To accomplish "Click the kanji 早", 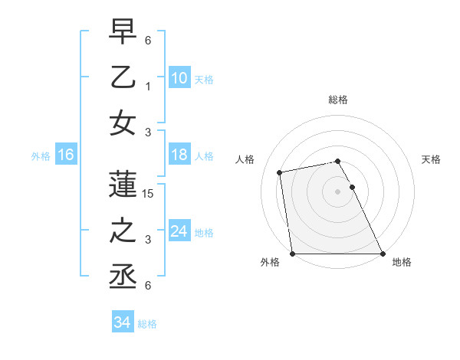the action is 123,31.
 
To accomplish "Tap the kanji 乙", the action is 123,77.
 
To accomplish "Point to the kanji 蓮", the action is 123,185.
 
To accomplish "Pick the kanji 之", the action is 123,231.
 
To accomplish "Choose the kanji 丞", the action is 123,277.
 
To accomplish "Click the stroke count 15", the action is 149,194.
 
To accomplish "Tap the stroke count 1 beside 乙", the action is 148,87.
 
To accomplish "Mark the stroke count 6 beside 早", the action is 148,41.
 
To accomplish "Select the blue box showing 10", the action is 179,77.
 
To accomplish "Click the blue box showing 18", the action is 179,155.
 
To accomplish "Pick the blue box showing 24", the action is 179,231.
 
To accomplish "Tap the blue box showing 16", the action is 65,155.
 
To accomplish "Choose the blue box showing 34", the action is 122,323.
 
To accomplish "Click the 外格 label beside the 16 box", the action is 41,156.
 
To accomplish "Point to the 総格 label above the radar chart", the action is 338,100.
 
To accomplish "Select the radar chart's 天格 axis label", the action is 432,159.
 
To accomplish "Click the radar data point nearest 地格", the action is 383,254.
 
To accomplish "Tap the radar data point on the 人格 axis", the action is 281,172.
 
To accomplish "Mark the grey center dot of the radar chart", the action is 337,191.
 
